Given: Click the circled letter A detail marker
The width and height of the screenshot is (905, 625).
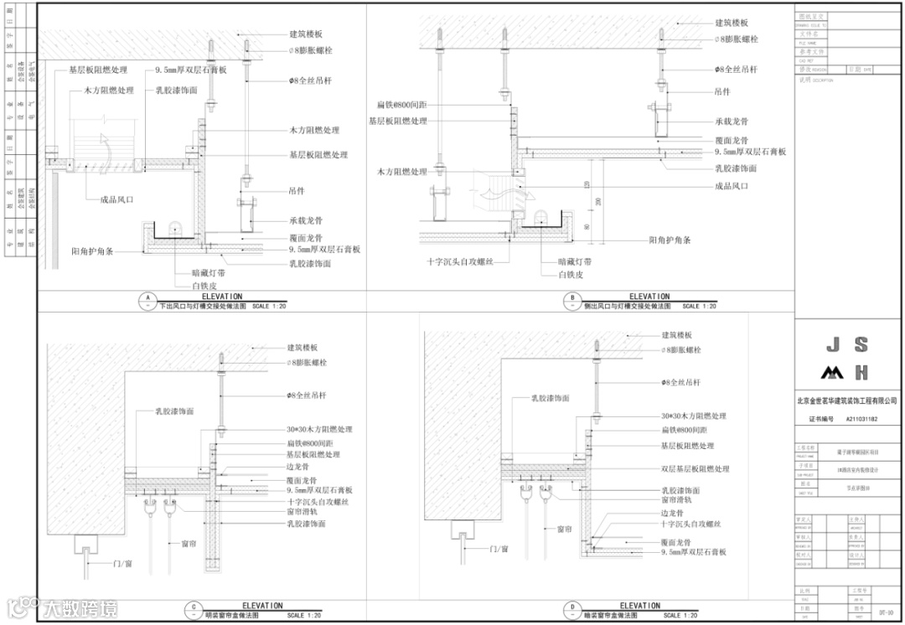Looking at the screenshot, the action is coord(147,300).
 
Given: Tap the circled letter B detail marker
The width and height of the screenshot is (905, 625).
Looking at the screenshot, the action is coord(572,300).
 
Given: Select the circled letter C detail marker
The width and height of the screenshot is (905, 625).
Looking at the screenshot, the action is coord(194,609).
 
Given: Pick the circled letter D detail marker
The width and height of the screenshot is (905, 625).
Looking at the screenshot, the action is coord(572,609).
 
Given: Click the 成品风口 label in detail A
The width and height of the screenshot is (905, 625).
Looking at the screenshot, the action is coord(117,200).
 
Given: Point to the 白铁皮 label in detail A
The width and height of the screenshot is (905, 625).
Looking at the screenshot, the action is coord(204,286).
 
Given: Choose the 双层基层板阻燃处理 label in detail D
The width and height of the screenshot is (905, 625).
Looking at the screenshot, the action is coord(695,469).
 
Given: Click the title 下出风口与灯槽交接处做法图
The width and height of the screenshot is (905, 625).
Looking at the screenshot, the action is coord(203,307).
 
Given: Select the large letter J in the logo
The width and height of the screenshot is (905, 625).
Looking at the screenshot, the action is coord(831,344).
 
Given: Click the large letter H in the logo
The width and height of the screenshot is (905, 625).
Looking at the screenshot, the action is coord(861,373).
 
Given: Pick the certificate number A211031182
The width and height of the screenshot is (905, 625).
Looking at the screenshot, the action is coord(861,419).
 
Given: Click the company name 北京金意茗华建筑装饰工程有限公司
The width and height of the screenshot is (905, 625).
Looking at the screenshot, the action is coord(846,403).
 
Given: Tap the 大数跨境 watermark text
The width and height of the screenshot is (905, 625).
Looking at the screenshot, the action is coord(81,609).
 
